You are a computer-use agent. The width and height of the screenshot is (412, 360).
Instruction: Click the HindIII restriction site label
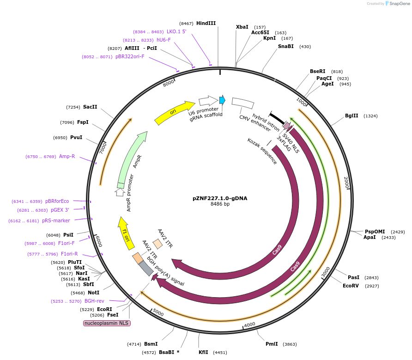click(206, 23)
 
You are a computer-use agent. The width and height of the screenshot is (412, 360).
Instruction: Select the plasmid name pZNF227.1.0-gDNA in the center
click(220, 198)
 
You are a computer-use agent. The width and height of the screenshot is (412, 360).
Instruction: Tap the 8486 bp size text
click(220, 204)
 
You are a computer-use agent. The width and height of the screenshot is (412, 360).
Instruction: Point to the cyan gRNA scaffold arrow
click(222, 100)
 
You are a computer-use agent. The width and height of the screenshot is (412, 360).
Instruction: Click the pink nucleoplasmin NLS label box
click(107, 323)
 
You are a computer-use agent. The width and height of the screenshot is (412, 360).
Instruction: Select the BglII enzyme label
click(351, 116)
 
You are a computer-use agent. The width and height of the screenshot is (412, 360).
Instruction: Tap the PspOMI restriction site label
click(375, 232)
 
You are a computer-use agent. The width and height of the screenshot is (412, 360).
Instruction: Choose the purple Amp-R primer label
click(67, 157)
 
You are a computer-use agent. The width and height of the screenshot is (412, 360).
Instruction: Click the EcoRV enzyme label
click(351, 286)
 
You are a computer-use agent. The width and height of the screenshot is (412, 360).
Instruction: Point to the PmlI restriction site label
click(272, 344)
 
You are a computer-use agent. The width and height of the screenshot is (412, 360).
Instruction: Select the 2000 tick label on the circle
click(346, 183)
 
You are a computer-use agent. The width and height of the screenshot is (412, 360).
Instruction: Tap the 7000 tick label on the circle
click(103, 147)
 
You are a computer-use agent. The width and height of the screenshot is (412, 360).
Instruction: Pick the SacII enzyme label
click(90, 107)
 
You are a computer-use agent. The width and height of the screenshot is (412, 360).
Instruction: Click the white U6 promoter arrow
click(208, 101)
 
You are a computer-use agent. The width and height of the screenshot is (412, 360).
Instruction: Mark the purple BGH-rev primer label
click(94, 301)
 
